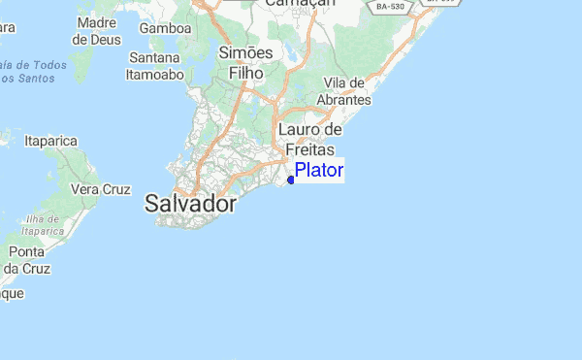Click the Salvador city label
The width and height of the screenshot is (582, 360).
point(191,204)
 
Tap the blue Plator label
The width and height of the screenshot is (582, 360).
point(319,171)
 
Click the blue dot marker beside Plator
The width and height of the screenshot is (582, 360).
point(291,179)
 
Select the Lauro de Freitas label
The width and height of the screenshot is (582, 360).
point(310,140)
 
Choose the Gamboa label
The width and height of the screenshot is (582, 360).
point(165,28)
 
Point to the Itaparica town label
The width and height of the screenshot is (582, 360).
point(50,141)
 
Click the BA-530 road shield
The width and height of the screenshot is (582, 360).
point(389,6)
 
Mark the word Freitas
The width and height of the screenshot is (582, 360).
point(310,150)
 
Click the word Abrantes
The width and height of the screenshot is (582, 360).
point(348,101)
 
